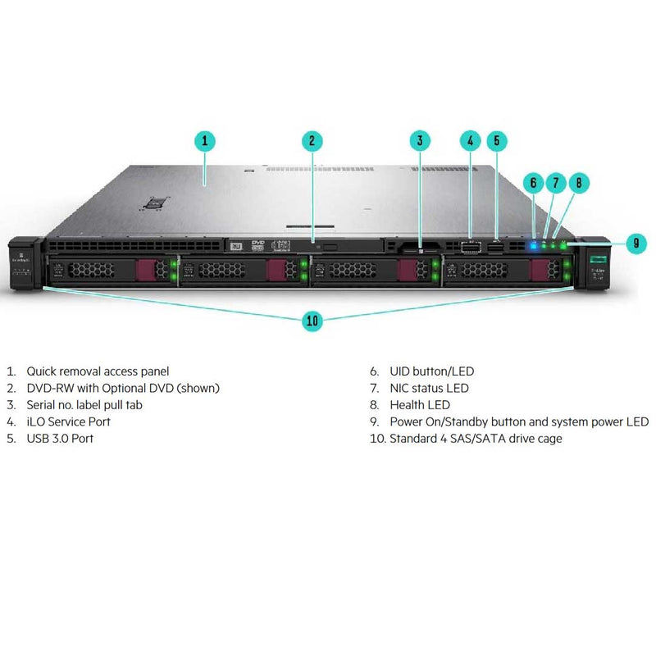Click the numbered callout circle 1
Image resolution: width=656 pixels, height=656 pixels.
pyautogui.click(x=205, y=140)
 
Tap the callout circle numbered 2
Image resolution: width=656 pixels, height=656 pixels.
pyautogui.click(x=312, y=140)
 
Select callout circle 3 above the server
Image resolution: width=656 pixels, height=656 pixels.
pyautogui.click(x=419, y=140)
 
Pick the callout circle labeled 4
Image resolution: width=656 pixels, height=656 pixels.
pyautogui.click(x=470, y=140)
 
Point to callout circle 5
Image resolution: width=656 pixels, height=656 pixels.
pyautogui.click(x=496, y=140)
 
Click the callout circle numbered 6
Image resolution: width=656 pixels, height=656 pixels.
pyautogui.click(x=533, y=183)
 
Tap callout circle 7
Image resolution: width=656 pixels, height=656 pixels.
pyautogui.click(x=555, y=183)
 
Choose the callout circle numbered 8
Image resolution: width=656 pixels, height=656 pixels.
pyautogui.click(x=578, y=183)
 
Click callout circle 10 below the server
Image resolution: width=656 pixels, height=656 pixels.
pyautogui.click(x=312, y=320)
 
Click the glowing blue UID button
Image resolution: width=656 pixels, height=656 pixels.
pyautogui.click(x=534, y=244)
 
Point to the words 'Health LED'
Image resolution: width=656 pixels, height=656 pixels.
pyautogui.click(x=420, y=405)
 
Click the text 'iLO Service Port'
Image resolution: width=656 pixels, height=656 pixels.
pyautogui.click(x=69, y=421)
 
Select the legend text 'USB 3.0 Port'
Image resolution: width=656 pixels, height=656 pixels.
pyautogui.click(x=60, y=439)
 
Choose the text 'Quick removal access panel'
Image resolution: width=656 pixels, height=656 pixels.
pyautogui.click(x=98, y=371)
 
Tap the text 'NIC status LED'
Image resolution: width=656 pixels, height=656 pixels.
pyautogui.click(x=430, y=388)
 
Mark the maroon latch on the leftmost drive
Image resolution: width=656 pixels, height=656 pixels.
pyautogui.click(x=144, y=270)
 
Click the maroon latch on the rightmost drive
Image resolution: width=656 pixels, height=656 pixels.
pyautogui.click(x=539, y=270)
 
